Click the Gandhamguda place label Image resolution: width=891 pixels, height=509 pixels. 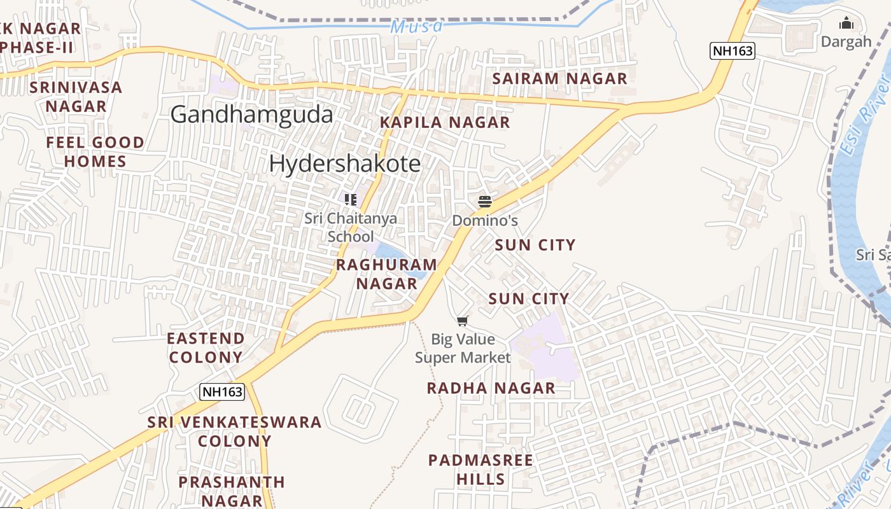[x=251, y=115]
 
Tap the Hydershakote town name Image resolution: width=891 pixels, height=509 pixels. [x=344, y=164]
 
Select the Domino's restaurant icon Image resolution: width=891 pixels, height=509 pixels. [x=485, y=202]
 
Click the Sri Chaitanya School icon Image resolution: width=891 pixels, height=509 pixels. [x=351, y=200]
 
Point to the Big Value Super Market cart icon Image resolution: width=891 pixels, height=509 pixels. [x=463, y=321]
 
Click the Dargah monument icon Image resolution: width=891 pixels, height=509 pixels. [x=846, y=24]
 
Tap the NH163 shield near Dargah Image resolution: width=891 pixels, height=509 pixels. [x=733, y=51]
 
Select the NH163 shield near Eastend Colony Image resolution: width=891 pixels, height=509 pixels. [x=222, y=391]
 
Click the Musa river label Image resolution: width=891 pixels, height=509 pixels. [x=417, y=27]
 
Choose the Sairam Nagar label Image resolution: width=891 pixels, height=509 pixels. [x=560, y=79]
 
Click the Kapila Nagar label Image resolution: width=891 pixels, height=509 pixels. [x=445, y=122]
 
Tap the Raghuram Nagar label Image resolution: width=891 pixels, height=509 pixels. [x=386, y=274]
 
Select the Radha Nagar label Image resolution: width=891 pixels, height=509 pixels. [x=491, y=388]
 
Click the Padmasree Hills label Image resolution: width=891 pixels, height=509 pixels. [x=481, y=470]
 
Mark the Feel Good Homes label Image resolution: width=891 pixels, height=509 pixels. [x=95, y=151]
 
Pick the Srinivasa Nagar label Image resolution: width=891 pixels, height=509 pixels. [x=76, y=97]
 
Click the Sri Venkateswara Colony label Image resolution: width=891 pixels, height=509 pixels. [x=234, y=431]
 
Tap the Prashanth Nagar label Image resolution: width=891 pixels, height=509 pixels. [x=232, y=491]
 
